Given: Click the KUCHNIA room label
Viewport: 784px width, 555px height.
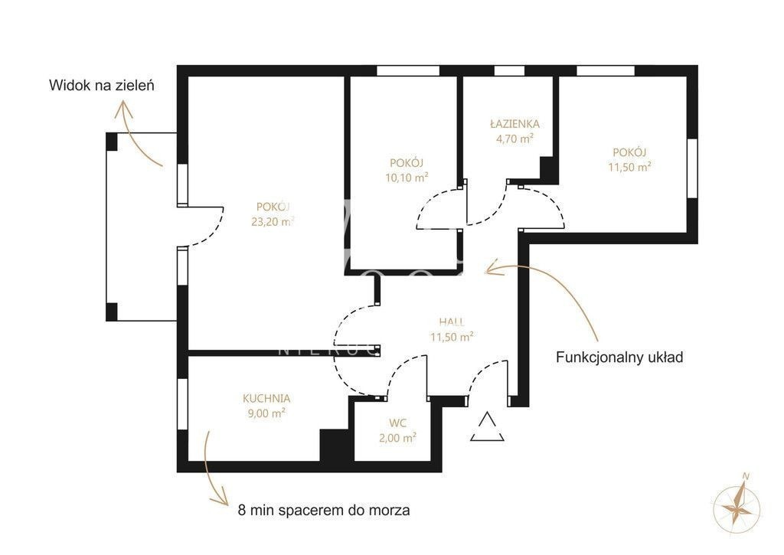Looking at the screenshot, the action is coord(266,399).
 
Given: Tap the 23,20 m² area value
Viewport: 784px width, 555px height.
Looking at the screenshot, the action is coord(273,221).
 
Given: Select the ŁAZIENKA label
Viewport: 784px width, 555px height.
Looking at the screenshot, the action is coord(514,123).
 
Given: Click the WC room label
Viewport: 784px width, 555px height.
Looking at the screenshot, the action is coord(398,423).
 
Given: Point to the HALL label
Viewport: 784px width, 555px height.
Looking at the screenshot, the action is coord(452,322).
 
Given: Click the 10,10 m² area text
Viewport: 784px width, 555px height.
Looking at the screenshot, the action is coord(407,177).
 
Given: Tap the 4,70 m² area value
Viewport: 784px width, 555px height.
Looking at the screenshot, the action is coord(514,138).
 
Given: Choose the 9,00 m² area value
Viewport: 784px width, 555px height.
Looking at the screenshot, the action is coord(266,413).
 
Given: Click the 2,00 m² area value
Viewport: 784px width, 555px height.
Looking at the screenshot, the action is coord(398,438).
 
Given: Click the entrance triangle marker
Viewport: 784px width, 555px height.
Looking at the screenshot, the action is coord(487,427).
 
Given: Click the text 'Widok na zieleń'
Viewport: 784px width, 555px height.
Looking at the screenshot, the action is coord(102,86).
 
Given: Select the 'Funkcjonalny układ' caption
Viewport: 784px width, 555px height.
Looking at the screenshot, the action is coord(619,357).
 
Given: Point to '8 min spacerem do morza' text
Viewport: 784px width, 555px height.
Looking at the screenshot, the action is coord(324,511).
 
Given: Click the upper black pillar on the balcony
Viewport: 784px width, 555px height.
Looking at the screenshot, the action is coord(112,142).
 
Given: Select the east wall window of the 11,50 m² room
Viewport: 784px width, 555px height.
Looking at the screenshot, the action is coord(692,168).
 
